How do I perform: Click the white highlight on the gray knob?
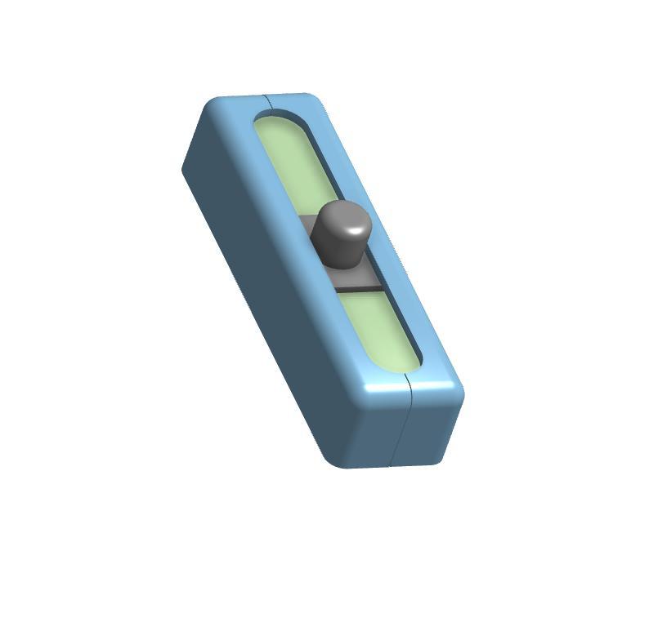pos(356,230)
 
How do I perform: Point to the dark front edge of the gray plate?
pos(358,289)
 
